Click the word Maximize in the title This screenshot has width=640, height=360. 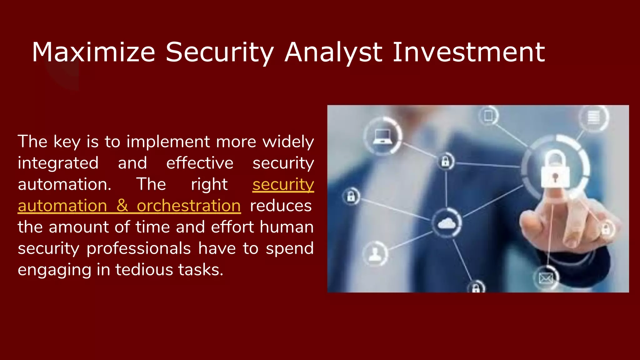tap(93, 52)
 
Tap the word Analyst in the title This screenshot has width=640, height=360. tap(333, 52)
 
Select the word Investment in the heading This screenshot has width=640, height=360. tap(468, 52)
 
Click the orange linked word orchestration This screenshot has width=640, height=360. tap(189, 206)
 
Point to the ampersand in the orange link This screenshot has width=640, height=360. tap(122, 206)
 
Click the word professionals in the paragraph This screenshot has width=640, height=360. tap(138, 249)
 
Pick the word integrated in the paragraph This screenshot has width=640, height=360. tap(58, 163)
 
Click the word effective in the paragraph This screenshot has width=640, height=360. tap(200, 163)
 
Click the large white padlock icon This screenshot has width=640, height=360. tap(555, 170)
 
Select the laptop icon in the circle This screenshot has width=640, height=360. tap(383, 136)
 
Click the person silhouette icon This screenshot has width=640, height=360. tap(375, 253)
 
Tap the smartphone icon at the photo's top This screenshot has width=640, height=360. tap(488, 116)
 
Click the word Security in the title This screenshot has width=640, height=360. tap(219, 52)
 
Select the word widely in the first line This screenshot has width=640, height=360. tap(288, 142)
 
